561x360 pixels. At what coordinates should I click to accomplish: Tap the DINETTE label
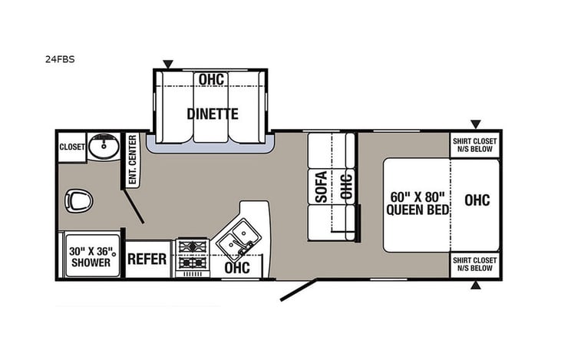pyautogui.click(x=212, y=114)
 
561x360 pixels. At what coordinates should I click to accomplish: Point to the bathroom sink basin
pyautogui.click(x=101, y=146)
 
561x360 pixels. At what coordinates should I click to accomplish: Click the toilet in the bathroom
pyautogui.click(x=79, y=201)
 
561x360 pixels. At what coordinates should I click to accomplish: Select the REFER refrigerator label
pyautogui.click(x=147, y=259)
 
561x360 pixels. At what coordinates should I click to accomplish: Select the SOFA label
pyautogui.click(x=322, y=186)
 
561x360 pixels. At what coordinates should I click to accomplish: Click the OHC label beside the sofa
pyautogui.click(x=345, y=186)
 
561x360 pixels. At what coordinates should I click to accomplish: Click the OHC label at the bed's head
pyautogui.click(x=477, y=200)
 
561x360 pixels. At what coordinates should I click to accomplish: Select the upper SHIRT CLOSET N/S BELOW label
pyautogui.click(x=475, y=144)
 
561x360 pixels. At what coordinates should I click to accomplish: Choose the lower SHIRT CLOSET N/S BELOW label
pyautogui.click(x=475, y=264)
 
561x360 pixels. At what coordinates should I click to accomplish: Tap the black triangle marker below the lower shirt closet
pyautogui.click(x=476, y=286)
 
